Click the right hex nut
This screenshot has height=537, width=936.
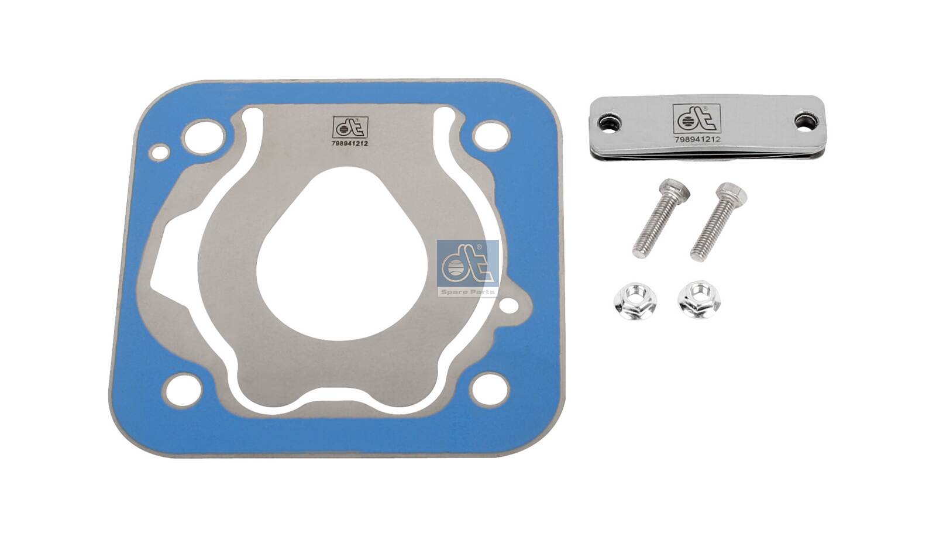pos(699,300)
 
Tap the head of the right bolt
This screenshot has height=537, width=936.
pos(732,192)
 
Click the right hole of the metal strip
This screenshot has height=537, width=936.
pos(806,122)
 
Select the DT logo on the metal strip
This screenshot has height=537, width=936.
pos(696,119)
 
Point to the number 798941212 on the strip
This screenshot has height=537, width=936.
pos(697,140)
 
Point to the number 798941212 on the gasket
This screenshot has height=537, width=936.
pos(349,143)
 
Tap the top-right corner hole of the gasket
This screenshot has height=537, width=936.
pos(491,136)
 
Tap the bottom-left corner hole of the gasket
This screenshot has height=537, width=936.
pos(183,390)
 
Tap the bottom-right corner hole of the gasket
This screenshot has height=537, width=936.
pos(490,389)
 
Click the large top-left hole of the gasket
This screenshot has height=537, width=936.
pos(203,137)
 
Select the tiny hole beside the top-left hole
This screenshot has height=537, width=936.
pos(159,153)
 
